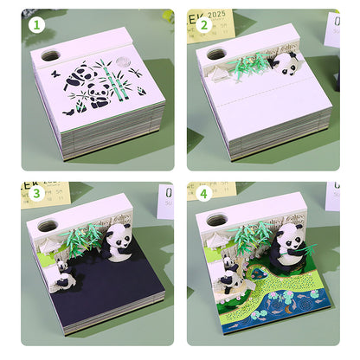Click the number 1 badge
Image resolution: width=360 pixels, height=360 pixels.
(x=35, y=26)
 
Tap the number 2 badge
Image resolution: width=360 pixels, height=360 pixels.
(x=205, y=26)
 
